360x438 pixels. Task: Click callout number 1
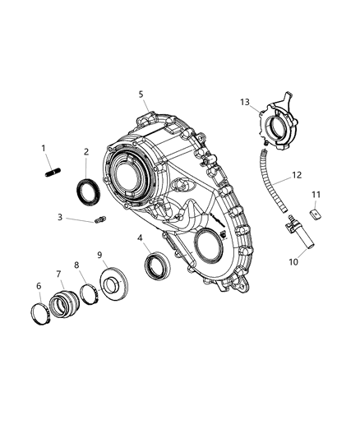(x=44, y=148)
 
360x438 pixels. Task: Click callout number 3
(x=60, y=217)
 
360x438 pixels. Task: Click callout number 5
(x=141, y=95)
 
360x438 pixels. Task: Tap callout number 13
(x=245, y=102)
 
